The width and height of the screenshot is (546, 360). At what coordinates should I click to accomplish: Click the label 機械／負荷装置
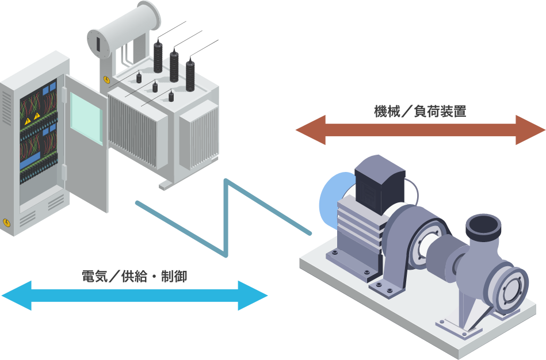tap(419, 112)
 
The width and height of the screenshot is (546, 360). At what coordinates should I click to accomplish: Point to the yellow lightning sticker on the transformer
tap(106, 81)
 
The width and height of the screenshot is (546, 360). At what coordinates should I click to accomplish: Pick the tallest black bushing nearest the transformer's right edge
tap(190, 75)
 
